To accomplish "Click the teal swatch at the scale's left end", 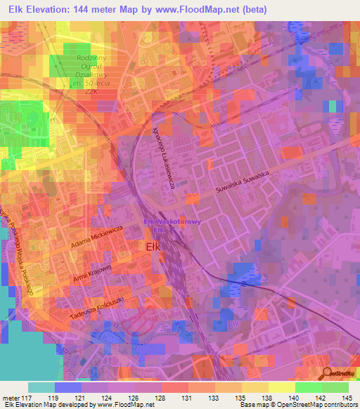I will [x=41, y=387].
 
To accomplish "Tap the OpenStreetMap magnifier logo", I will [x=328, y=373].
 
